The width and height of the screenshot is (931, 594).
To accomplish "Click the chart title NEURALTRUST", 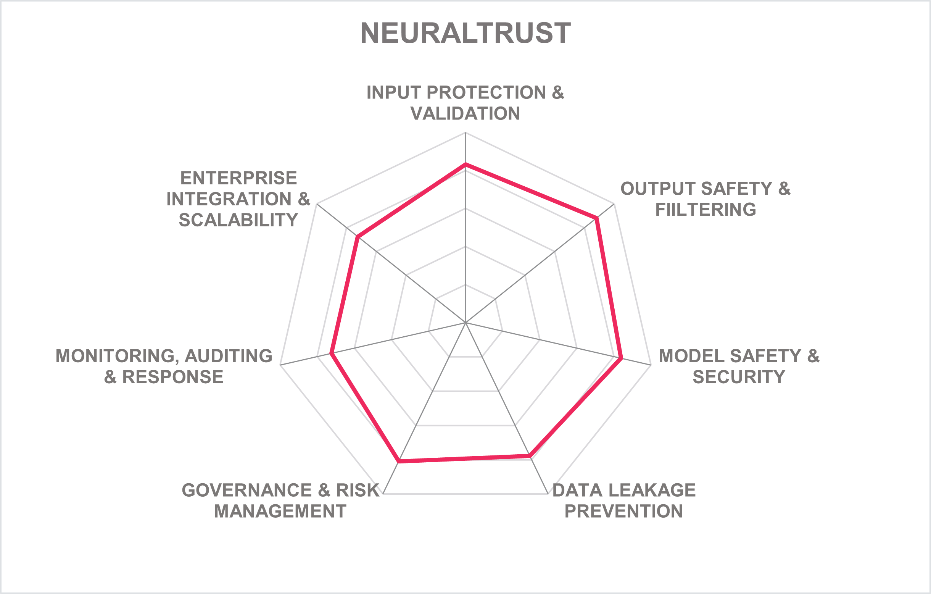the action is click(x=465, y=33).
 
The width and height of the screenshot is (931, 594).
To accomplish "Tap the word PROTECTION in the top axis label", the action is click(x=486, y=92).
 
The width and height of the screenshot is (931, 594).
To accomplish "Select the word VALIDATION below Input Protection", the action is click(x=465, y=113).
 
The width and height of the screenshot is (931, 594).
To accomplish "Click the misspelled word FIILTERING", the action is click(x=705, y=209).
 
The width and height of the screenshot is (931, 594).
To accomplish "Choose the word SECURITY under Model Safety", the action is click(x=739, y=377).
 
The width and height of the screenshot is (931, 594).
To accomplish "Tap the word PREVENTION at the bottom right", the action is click(x=623, y=511).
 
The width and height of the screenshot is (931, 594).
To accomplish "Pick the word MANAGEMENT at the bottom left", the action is click(x=280, y=511).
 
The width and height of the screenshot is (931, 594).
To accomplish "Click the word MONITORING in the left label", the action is click(x=117, y=356).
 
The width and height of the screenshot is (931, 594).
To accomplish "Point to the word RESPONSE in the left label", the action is click(x=173, y=377).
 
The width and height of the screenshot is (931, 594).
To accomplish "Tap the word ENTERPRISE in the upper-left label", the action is click(x=238, y=178).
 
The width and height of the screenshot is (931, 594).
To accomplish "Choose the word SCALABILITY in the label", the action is click(x=238, y=220).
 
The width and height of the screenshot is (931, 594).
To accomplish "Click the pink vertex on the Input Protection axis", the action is click(x=465, y=164).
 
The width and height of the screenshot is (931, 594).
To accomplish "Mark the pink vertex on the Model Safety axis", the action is click(x=621, y=358).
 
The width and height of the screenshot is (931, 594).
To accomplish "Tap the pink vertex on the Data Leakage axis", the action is click(x=530, y=456).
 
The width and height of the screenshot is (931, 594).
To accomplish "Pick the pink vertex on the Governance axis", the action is click(x=399, y=462).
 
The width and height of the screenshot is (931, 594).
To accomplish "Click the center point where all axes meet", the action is click(x=465, y=322).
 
